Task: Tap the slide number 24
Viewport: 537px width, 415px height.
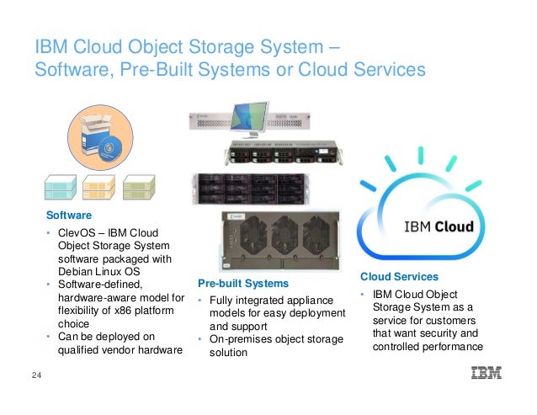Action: (x=36, y=375)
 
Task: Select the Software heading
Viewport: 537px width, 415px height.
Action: (x=69, y=215)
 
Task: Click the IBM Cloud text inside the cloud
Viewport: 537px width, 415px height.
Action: (x=439, y=226)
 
